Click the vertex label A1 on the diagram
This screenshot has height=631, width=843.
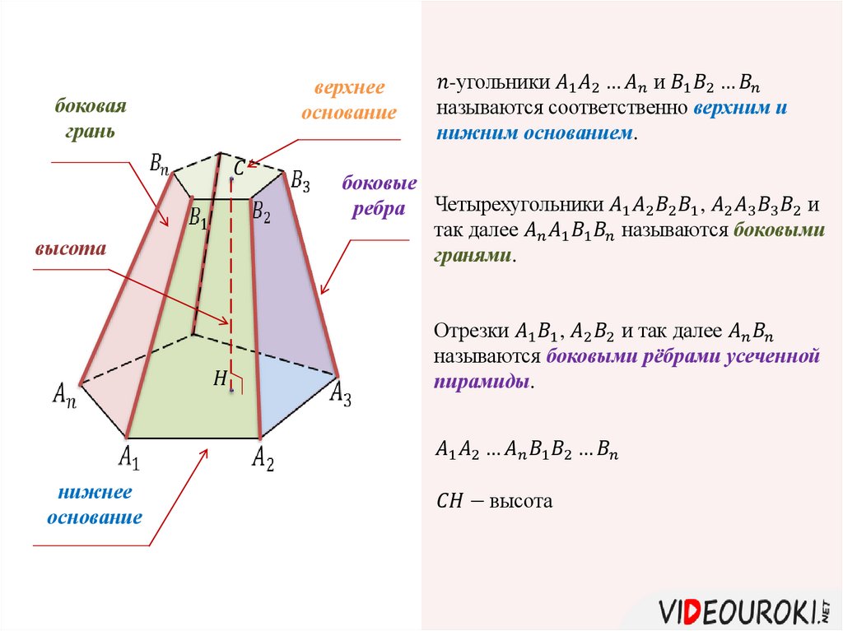click(129, 457)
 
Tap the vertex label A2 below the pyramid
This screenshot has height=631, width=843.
click(263, 458)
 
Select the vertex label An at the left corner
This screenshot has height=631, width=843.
click(63, 394)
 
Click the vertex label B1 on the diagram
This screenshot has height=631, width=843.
click(198, 218)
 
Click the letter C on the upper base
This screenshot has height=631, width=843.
click(238, 168)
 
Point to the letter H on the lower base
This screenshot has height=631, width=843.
click(220, 378)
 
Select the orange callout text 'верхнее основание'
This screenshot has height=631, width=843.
click(348, 100)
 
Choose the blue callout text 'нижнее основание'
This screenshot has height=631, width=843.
click(95, 505)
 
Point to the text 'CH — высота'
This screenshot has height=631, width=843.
click(493, 500)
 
